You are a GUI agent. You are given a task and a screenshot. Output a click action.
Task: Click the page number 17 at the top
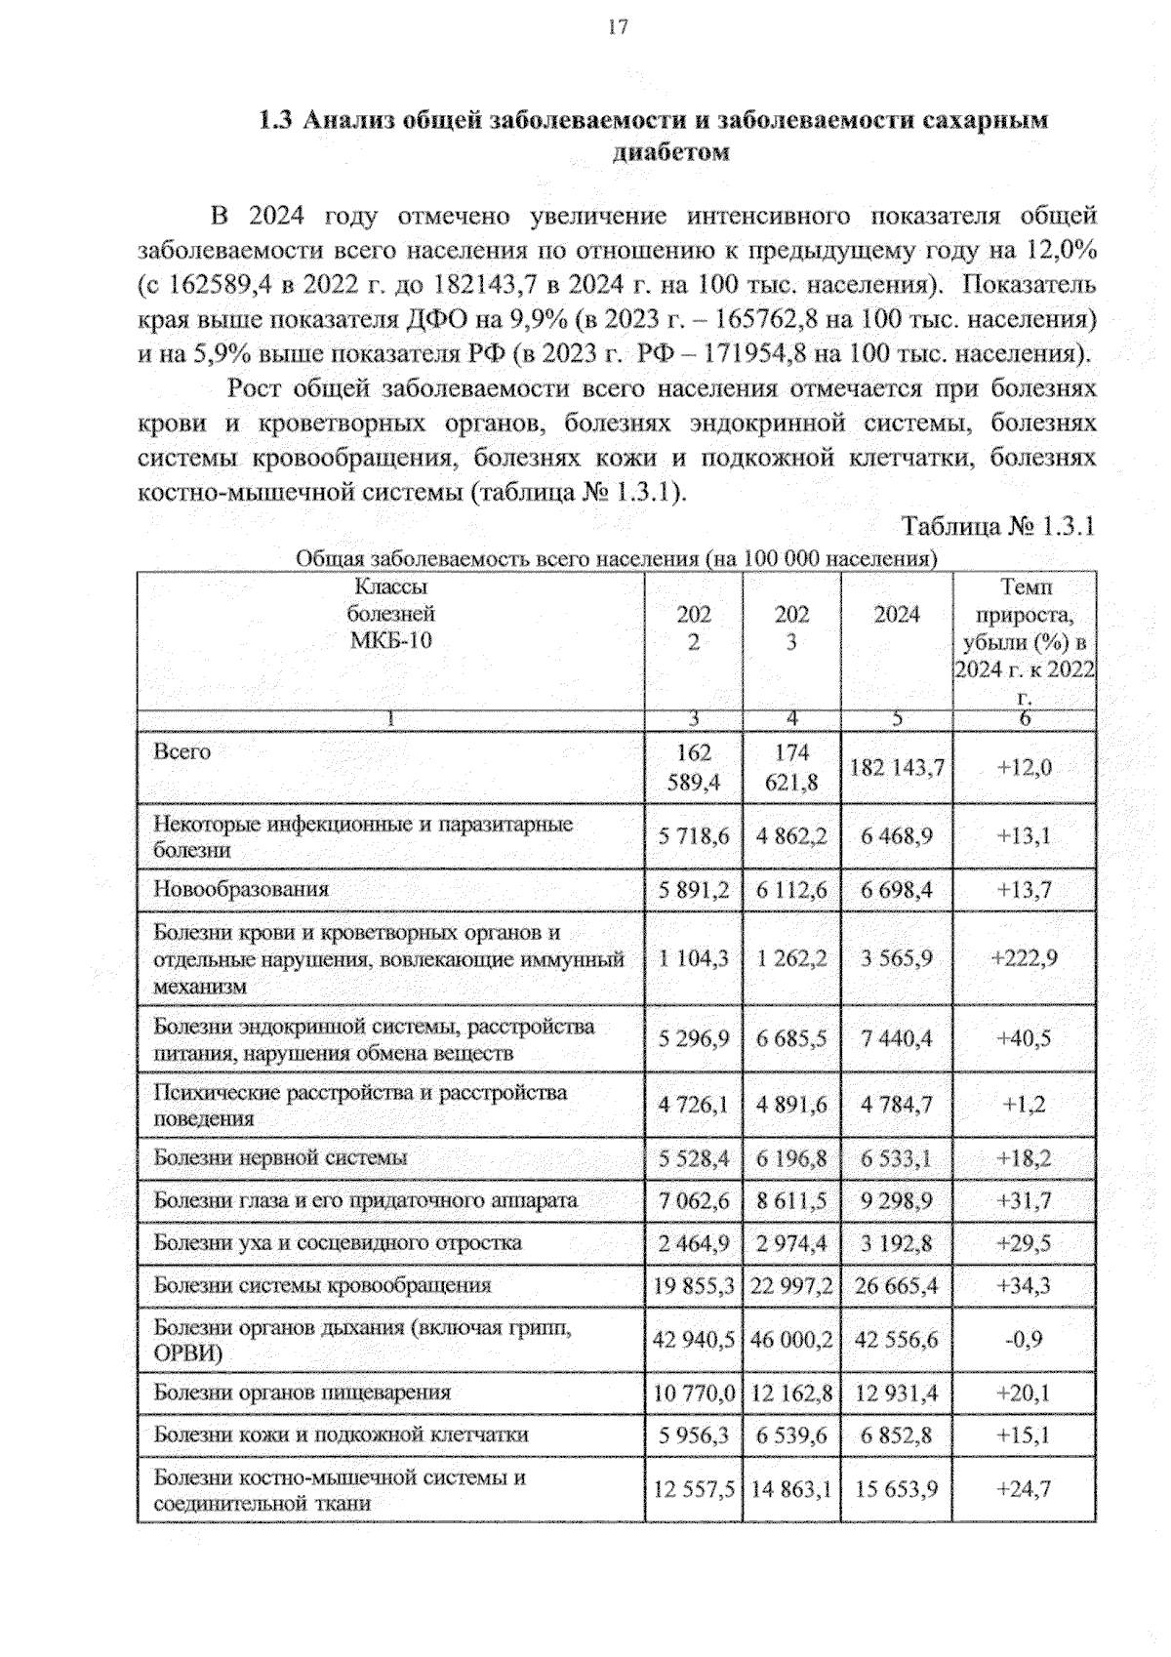[x=617, y=27]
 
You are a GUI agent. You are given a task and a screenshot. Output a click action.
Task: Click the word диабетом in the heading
[x=671, y=153]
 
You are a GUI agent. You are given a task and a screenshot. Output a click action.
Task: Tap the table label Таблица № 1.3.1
[x=998, y=527]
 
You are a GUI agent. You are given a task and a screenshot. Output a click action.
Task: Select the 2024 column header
[x=896, y=615]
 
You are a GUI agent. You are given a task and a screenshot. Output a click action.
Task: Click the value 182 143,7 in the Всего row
[x=896, y=767]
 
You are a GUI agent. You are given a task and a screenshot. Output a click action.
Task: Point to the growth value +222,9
[x=1024, y=958]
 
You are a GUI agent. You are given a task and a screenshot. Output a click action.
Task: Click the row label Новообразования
[x=241, y=889]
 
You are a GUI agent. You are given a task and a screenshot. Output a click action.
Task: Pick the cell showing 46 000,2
[x=791, y=1340]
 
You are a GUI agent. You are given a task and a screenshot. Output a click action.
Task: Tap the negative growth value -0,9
[x=1024, y=1340]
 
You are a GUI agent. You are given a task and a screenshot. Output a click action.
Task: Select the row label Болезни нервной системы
[x=280, y=1158]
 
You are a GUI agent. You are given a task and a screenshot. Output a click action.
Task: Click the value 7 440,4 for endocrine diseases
[x=896, y=1039]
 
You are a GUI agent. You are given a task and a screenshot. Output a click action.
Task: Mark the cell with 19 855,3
[x=693, y=1286]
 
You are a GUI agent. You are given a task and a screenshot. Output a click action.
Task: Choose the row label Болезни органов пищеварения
[x=302, y=1393]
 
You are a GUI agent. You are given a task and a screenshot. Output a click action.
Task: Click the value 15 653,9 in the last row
[x=896, y=1489]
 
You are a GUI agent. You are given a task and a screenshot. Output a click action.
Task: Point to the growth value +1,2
[x=1024, y=1105]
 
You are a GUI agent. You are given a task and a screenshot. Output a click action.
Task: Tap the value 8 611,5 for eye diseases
[x=791, y=1201]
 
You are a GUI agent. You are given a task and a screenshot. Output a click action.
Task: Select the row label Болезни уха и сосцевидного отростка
[x=338, y=1243]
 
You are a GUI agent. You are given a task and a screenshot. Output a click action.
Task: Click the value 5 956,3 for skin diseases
[x=693, y=1435]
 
